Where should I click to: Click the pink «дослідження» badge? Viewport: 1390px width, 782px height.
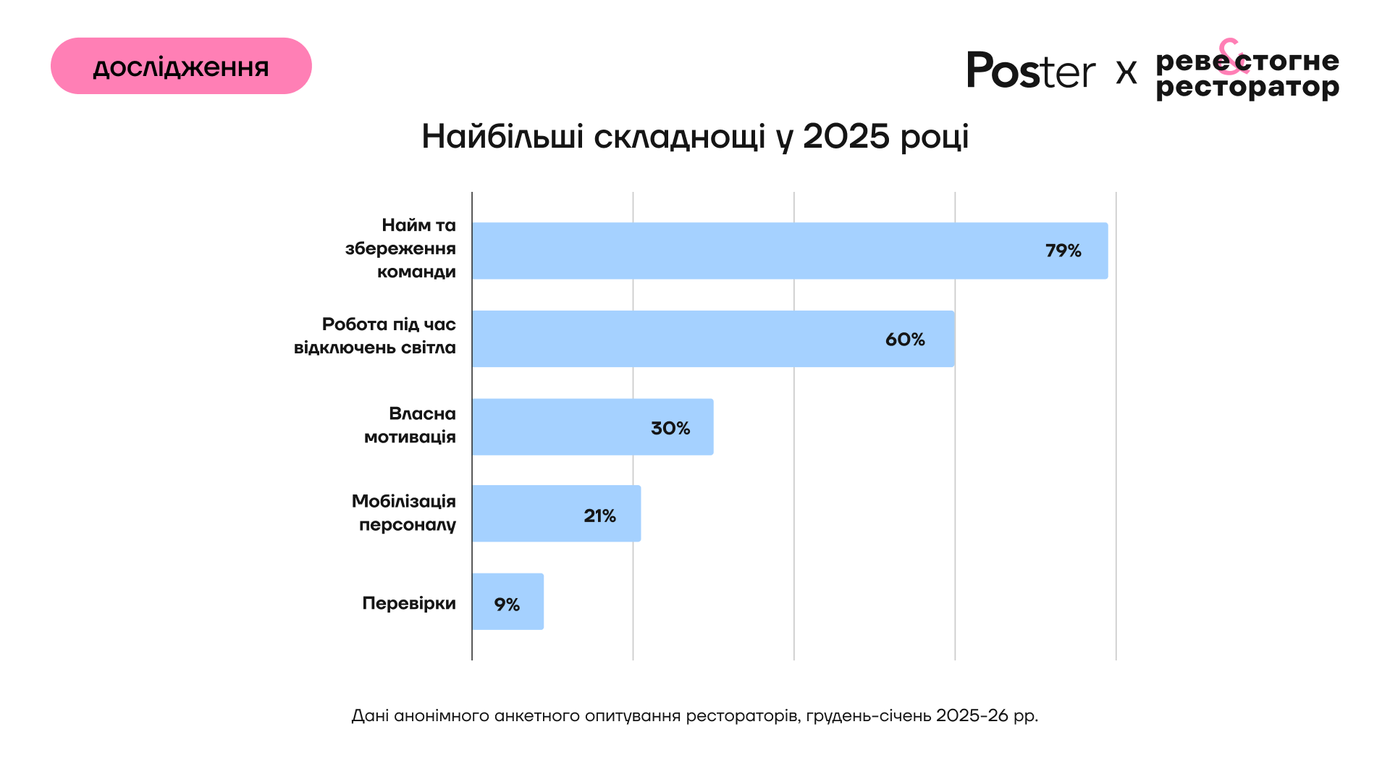tap(181, 66)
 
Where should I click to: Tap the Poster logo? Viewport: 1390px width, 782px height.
tap(1030, 71)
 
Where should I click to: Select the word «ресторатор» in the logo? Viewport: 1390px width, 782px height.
tap(1247, 88)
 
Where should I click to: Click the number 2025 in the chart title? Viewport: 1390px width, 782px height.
tap(846, 136)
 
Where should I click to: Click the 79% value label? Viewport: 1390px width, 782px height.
tap(1063, 251)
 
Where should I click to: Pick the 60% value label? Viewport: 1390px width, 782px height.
tap(905, 340)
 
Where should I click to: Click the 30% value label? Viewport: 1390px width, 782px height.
tap(670, 428)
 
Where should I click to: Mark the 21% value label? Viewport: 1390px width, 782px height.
tap(599, 516)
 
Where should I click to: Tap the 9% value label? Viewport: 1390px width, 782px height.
tap(507, 604)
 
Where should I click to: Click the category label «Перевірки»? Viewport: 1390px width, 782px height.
tap(409, 603)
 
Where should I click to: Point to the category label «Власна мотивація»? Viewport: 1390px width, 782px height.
tap(410, 425)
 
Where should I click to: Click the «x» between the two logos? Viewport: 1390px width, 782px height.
tap(1126, 72)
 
